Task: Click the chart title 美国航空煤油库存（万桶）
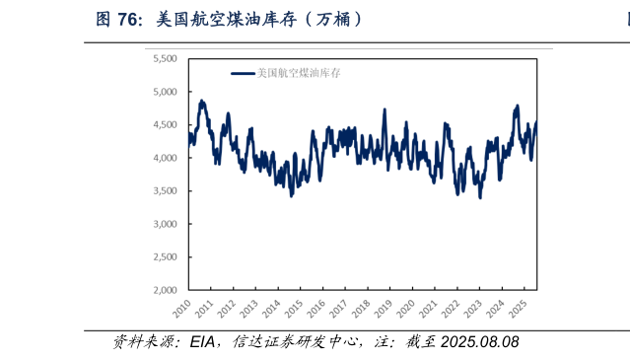click(x=260, y=19)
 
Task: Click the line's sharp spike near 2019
click(x=385, y=109)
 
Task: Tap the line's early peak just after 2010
click(x=201, y=101)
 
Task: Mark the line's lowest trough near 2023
click(x=480, y=197)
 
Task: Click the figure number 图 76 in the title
click(x=117, y=19)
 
